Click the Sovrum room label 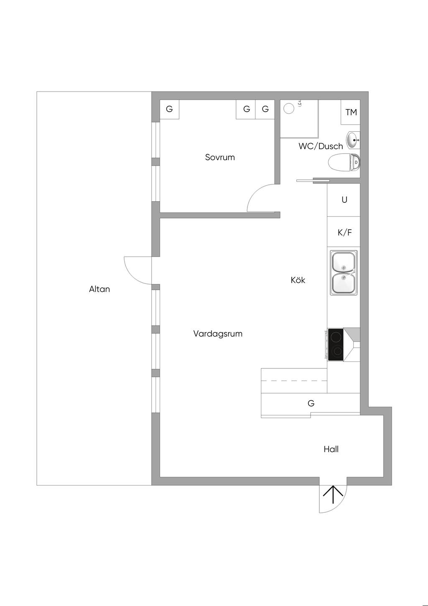coord(219,157)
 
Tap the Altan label coord(99,289)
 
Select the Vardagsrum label coord(218,334)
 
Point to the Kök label coord(298,280)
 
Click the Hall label coord(331,449)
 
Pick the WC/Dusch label coord(321,146)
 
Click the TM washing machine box coord(350,112)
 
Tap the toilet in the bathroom coord(344,162)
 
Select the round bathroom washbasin coord(353,140)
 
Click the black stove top coord(336,344)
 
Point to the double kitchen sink coord(344,272)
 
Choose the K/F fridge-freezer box coord(344,232)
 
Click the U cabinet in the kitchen coord(344,200)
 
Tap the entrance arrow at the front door coord(333,494)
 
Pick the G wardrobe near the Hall coord(311,403)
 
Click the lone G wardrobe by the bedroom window coord(169,109)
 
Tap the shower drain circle coord(289,109)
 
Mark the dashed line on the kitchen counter coord(294,381)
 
